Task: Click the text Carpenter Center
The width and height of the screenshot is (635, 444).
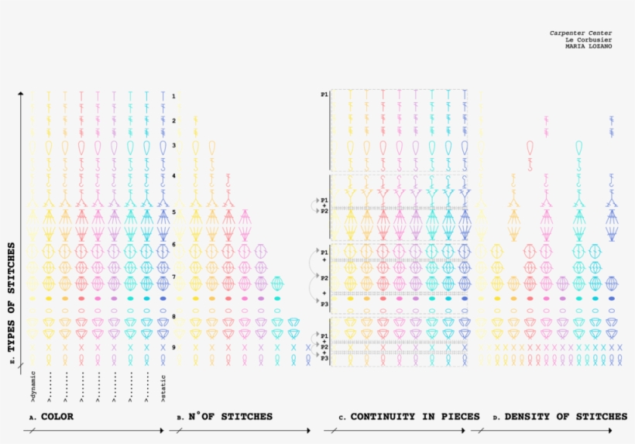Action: pos(581,33)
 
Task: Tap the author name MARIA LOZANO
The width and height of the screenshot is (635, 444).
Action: pos(589,46)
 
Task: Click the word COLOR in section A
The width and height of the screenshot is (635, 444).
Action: pos(57,417)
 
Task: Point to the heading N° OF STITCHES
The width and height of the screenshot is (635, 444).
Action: pos(230,417)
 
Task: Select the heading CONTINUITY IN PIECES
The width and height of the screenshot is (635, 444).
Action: pos(415,417)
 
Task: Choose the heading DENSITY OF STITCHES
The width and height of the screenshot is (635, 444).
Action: pos(565,417)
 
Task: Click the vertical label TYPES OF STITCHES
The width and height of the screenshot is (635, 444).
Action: pos(12,303)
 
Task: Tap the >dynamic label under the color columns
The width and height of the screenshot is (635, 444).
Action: pos(33,387)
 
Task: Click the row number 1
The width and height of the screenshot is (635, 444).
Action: pos(174,96)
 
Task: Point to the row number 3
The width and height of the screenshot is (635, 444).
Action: pos(174,146)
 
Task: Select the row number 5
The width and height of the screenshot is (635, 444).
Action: pos(174,212)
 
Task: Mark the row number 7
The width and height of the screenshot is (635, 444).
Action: pos(174,277)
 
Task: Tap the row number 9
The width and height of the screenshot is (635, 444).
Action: pos(174,347)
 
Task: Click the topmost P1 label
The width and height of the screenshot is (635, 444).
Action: pos(324,94)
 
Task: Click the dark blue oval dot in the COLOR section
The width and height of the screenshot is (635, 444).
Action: pos(163,298)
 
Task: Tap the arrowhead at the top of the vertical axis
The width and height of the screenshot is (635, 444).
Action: pos(21,94)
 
